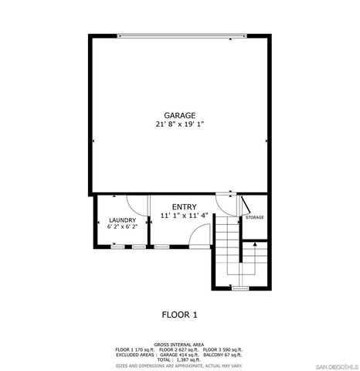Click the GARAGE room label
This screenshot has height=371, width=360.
[x=179, y=115]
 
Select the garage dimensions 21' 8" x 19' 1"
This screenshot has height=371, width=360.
[x=179, y=123]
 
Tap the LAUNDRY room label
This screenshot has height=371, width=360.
[x=122, y=220]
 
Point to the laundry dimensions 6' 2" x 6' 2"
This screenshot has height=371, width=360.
[x=122, y=227]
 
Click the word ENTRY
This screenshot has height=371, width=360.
[x=184, y=206]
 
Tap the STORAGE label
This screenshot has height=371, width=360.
[x=254, y=217]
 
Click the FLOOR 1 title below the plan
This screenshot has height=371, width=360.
[x=179, y=314]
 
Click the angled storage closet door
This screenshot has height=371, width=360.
[x=245, y=205]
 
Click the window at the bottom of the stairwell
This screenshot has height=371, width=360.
[x=240, y=288]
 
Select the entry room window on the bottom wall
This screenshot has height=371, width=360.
[x=161, y=247]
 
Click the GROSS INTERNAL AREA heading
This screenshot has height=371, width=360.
[x=179, y=344]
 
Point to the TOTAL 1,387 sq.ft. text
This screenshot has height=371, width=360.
[x=179, y=359]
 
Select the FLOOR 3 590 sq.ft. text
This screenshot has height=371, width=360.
[x=223, y=349]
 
